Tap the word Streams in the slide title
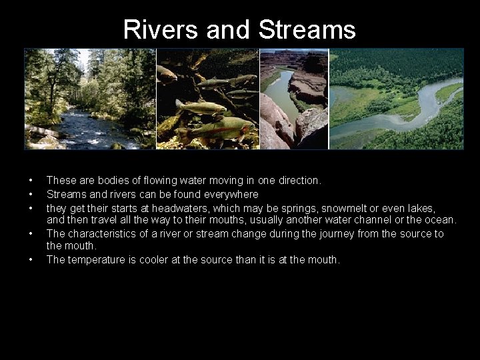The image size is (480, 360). [307, 30]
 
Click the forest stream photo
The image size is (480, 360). [90, 99]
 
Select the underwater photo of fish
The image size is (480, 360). [207, 99]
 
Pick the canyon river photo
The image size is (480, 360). [293, 99]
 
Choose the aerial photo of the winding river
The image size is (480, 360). [397, 99]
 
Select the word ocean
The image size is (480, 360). [440, 220]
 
